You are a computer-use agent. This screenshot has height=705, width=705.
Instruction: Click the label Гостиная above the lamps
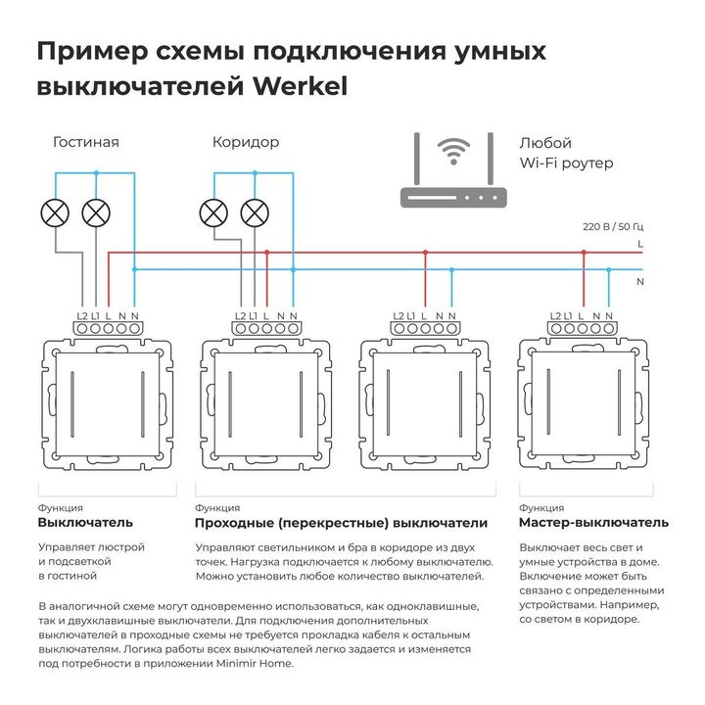tap(86, 142)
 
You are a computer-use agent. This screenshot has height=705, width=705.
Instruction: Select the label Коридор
tap(246, 142)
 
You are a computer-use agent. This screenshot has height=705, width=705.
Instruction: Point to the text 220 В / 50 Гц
tap(612, 227)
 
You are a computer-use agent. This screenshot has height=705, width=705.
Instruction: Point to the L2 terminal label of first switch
tap(82, 315)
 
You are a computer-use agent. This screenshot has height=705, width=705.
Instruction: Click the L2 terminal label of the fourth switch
tap(555, 315)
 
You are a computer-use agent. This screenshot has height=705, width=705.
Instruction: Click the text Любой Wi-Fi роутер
tap(566, 153)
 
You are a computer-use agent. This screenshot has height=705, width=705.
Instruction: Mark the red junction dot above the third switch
tap(425, 252)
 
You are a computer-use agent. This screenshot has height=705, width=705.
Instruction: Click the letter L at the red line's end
tap(639, 242)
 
